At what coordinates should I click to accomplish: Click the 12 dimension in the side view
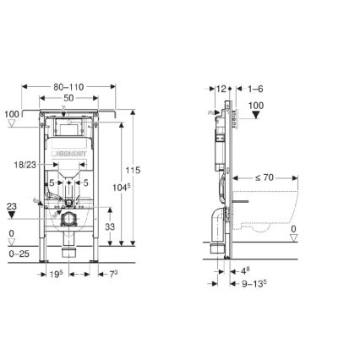tap(222, 87)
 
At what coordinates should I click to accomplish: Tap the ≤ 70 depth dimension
tap(267, 179)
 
